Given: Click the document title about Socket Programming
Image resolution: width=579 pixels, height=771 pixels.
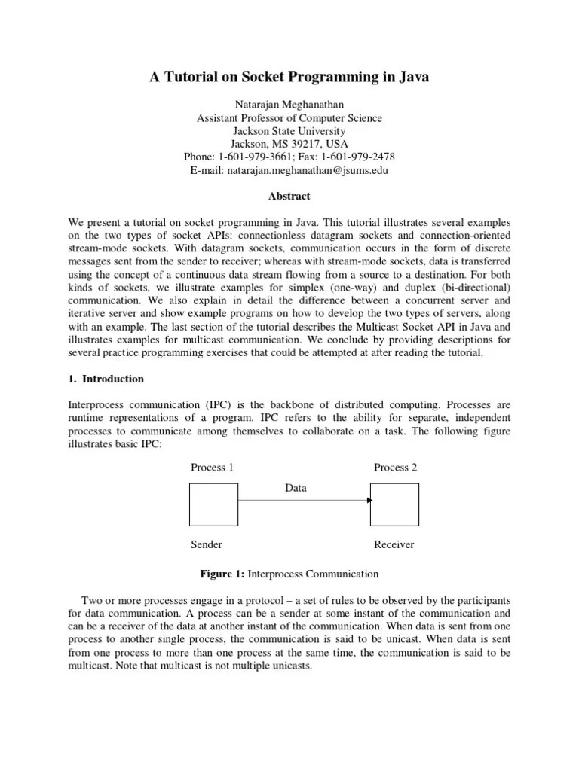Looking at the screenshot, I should pos(289,78).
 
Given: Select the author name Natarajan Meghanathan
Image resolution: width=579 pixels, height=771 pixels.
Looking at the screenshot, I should pos(289,105).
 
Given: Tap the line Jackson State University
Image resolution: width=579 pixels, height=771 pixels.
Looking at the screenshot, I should pos(289,131).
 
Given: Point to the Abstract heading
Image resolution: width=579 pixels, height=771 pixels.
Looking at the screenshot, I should pos(289,196).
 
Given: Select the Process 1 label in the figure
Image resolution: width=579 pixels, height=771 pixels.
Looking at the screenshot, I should pos(212,468).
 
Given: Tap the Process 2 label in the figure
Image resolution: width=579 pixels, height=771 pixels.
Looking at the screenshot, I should pos(395,468).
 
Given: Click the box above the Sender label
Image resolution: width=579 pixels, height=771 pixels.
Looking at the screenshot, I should pos(213,504).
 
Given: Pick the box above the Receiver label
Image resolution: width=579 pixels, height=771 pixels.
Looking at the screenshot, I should pos(394,504).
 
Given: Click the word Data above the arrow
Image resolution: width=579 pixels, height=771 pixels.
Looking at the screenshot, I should pos(296,488).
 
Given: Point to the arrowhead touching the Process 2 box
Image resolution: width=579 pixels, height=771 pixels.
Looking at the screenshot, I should pos(369,500).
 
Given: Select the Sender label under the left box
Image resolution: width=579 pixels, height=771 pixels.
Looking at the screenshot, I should pos(207,544).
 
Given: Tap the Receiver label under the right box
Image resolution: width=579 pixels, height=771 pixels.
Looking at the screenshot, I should pos(394,544).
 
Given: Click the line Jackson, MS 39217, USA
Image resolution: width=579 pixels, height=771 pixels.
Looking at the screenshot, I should pos(289,144).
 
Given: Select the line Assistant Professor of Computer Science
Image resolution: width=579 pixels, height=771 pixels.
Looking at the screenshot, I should pos(289,118).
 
